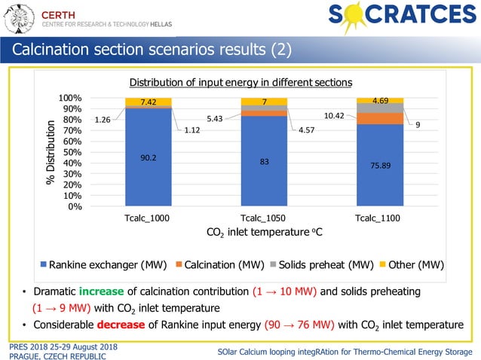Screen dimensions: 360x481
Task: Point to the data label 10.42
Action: tap(334, 115)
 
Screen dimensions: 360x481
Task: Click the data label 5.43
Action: tap(214, 118)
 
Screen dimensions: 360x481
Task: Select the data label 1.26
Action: tap(103, 119)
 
